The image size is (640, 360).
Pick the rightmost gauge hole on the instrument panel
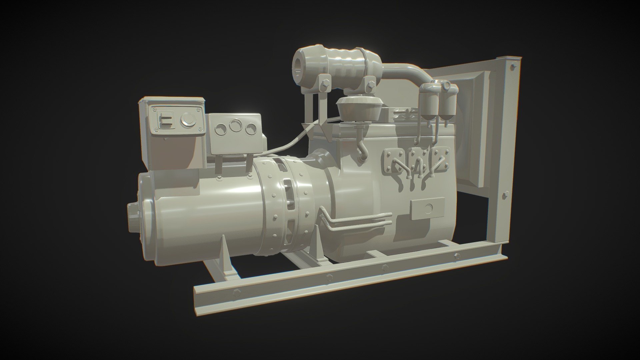(x=251, y=129)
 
